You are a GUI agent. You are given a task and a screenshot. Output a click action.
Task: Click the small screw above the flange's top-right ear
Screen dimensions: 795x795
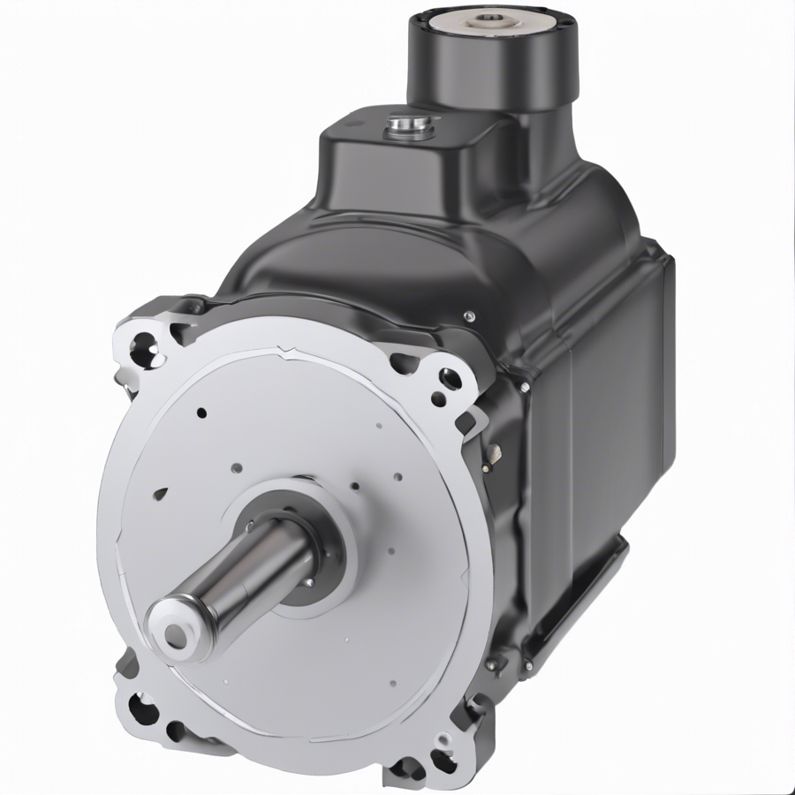click(469, 315)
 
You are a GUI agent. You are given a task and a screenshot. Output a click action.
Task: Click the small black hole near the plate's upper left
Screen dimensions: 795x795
click(201, 413)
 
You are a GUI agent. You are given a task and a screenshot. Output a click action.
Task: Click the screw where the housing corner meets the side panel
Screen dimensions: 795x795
click(524, 386)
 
